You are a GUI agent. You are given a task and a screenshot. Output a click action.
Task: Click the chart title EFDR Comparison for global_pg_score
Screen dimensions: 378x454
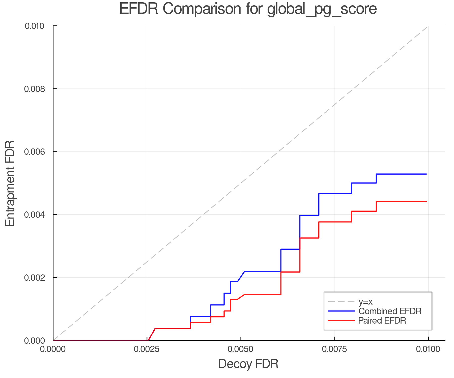pos(248,9)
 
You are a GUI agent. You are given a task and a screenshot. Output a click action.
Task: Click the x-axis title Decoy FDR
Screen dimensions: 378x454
pos(248,364)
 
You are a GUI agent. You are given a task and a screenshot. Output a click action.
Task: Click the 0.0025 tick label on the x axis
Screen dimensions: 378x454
pos(147,349)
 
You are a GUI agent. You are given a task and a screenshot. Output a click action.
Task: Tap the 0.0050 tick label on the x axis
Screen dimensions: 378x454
pos(241,349)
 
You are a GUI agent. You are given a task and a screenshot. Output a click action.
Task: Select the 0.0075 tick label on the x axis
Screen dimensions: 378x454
pos(335,349)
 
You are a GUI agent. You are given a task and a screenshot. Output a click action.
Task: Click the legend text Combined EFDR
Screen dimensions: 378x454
pos(390,311)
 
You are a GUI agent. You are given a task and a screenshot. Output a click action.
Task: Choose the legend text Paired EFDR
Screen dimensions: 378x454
pos(382,321)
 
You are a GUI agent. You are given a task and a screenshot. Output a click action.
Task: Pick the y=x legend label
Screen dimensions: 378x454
pos(365,302)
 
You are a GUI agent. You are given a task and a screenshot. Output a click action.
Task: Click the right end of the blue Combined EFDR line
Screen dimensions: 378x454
pos(426,174)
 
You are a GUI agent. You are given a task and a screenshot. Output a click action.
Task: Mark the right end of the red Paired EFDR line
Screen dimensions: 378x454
pos(426,202)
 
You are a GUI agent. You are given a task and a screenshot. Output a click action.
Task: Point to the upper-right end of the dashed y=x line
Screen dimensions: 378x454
pos(428,26)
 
